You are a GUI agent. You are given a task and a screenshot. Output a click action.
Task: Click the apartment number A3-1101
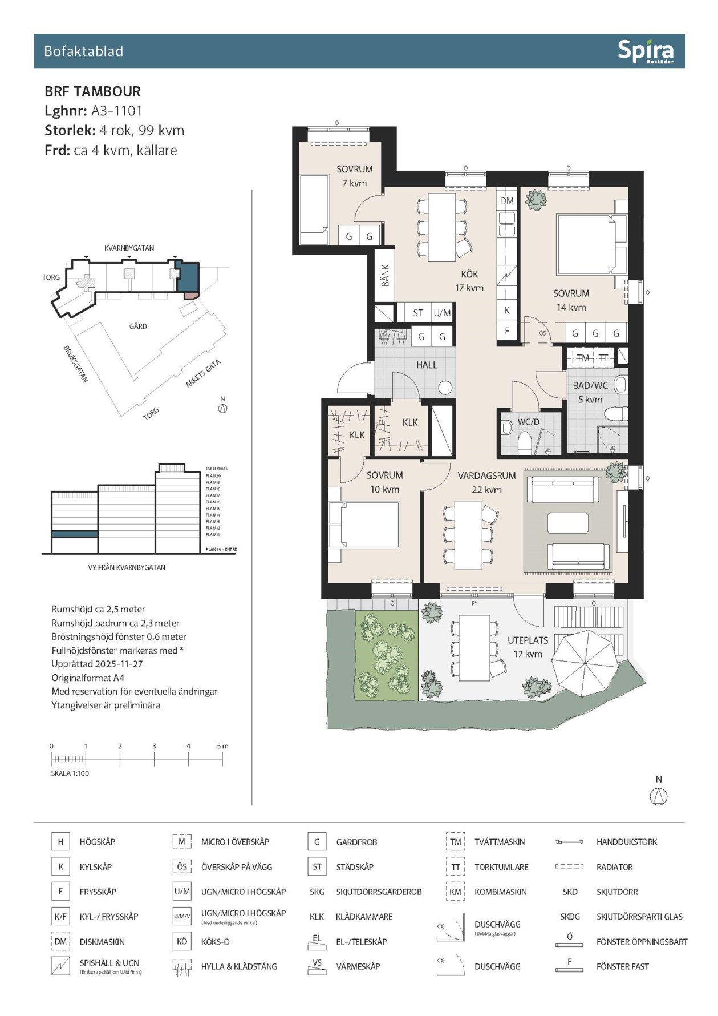pos(116,111)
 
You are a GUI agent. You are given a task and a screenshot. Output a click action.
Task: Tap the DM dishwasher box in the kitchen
pos(506,201)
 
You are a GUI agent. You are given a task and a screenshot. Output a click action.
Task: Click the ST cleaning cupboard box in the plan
pos(418,313)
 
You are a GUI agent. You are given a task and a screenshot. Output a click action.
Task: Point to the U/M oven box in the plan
pos(442,313)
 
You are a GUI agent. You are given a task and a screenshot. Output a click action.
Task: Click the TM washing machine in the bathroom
pos(583,358)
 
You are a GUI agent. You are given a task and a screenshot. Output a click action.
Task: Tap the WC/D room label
pos(528,422)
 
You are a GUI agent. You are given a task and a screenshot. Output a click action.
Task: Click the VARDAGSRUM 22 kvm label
pos(486,482)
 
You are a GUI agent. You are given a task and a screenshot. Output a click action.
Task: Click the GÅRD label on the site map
pos(138,326)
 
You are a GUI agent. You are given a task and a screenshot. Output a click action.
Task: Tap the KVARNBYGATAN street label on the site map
pos(129,248)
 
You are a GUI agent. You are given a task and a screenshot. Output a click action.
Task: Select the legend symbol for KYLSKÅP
pos(60,866)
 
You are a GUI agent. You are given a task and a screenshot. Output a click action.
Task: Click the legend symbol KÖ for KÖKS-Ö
pos(181,941)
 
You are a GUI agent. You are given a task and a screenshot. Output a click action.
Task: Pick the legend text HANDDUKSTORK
pos(626,842)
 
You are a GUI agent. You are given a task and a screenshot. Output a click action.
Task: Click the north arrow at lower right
pos(659,796)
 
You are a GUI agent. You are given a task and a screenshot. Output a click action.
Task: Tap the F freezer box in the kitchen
pos(506,331)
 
